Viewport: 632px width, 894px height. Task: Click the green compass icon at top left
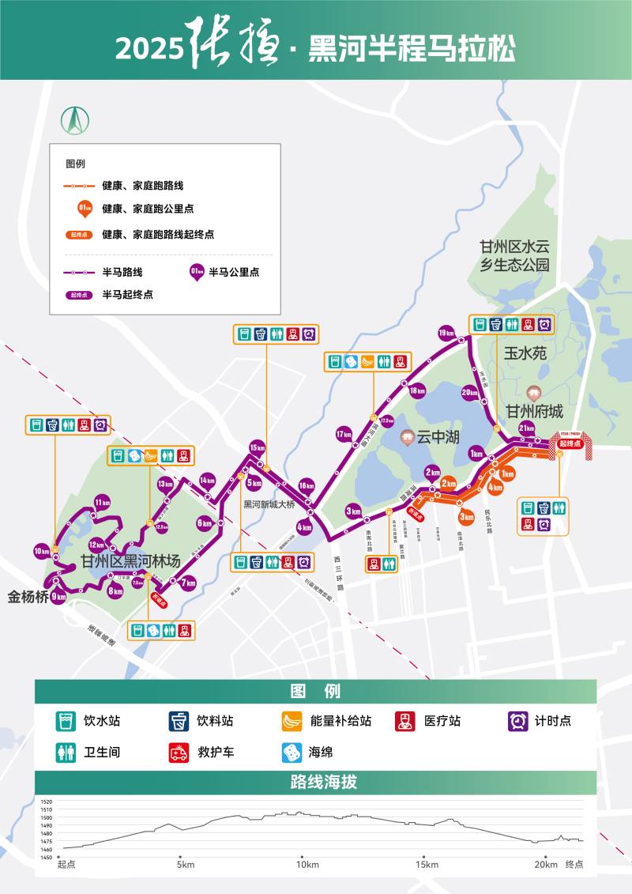coord(75,120)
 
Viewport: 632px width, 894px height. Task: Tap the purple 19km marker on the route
coord(446,331)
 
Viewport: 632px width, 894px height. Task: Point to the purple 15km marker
coord(257,447)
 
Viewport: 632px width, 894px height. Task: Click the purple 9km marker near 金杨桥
coord(58,598)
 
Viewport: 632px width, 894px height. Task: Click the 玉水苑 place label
coord(525,353)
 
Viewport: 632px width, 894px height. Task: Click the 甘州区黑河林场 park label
coord(130,561)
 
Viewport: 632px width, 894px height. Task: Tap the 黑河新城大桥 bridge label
coord(269,504)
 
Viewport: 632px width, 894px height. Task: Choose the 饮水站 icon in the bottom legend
coord(66,721)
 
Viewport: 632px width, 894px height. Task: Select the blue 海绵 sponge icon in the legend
coord(292,752)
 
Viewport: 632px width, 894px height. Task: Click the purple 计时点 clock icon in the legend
coord(518,721)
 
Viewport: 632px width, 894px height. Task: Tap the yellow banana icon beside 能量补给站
coord(292,721)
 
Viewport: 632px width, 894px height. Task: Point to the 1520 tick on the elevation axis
coord(46,802)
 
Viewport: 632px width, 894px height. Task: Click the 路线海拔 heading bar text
coord(316,783)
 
